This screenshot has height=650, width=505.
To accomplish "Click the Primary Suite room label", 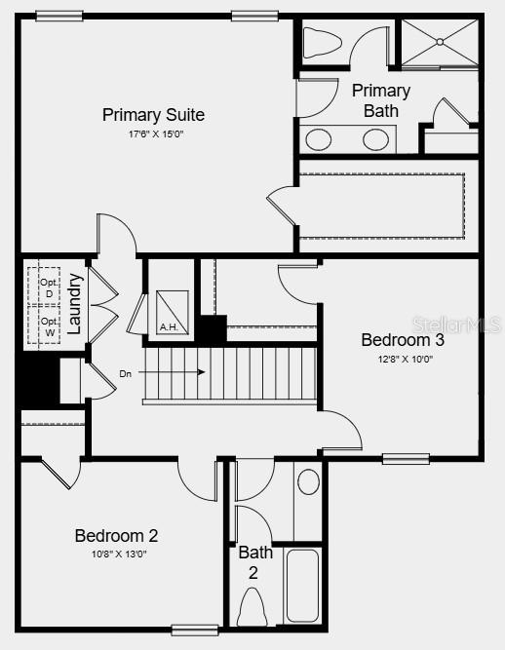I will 153,115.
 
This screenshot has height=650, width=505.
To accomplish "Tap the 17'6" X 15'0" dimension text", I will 153,134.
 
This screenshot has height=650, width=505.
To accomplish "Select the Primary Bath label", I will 380,100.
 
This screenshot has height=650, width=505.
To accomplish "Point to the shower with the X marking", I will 440,42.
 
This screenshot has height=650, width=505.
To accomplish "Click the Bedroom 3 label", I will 403,340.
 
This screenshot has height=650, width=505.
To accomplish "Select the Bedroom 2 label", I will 116,535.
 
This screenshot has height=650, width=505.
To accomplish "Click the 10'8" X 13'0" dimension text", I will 116,554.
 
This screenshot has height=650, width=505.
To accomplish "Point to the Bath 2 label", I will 252,562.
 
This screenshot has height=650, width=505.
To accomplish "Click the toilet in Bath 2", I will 252,609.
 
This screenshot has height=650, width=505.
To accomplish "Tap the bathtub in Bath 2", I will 302,586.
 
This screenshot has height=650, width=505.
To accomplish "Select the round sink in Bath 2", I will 308,481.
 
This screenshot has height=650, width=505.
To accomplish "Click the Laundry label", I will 75,301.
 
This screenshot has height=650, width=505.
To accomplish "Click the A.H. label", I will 169,326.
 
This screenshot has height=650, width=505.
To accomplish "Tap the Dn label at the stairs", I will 126,372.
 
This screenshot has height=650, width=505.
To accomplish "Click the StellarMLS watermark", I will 456,324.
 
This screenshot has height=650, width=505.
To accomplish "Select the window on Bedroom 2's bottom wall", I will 194,630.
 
